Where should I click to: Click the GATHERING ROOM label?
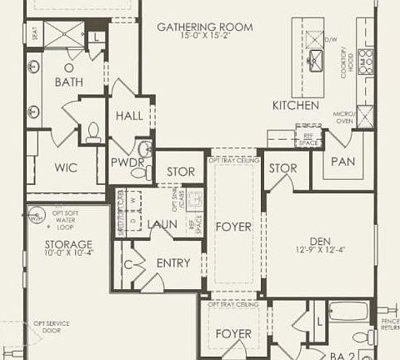pyautogui.click(x=205, y=27)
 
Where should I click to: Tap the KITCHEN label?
pyautogui.click(x=295, y=106)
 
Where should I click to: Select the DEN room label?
pyautogui.click(x=320, y=241)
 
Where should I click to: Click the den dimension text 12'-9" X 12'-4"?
pyautogui.click(x=320, y=251)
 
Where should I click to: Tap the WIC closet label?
pyautogui.click(x=66, y=167)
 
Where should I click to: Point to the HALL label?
pyautogui.click(x=129, y=115)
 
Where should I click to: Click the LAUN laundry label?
pyautogui.click(x=162, y=224)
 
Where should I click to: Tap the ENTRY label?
pyautogui.click(x=173, y=262)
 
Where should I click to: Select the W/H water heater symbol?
pyautogui.click(x=36, y=217)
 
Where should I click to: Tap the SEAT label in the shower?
pyautogui.click(x=36, y=36)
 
